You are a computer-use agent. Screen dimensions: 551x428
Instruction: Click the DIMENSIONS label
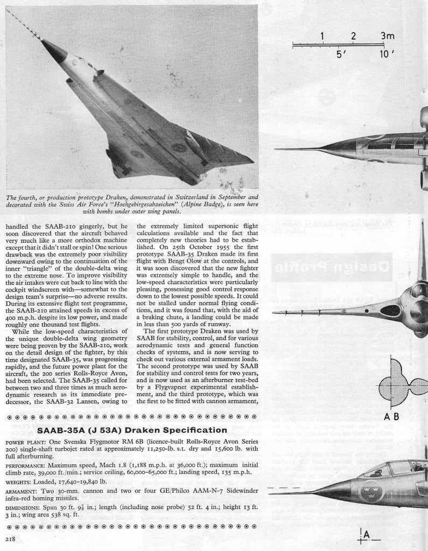coord(26,508)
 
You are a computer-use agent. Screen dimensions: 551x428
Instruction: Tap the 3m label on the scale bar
coord(387,36)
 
